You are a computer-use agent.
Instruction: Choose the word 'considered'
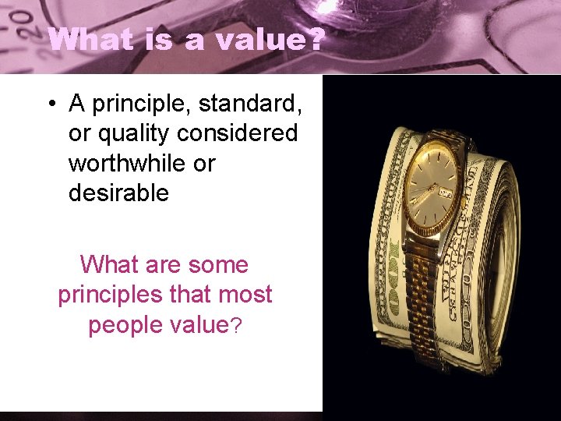tap(238, 134)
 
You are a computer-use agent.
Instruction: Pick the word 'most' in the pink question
tap(247, 295)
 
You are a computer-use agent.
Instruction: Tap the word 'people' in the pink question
tap(121, 325)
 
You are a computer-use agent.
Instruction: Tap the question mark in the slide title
tap(312, 39)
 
